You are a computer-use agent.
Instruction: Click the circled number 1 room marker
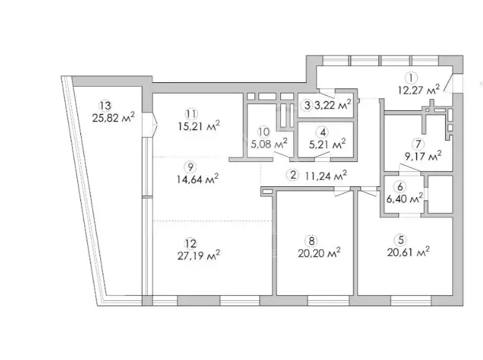[411, 78]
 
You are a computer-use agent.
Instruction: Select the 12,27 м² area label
[419, 90]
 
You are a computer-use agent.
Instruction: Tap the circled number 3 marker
[307, 105]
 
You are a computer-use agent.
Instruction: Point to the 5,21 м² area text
[327, 144]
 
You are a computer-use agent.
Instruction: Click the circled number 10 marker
[264, 132]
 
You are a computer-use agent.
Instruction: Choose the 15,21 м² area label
[199, 126]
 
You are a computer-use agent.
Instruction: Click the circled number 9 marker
[190, 167]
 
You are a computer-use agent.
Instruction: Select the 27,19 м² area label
[199, 255]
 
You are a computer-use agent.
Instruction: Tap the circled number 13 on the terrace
[105, 105]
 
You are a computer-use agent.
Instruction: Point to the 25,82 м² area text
[113, 118]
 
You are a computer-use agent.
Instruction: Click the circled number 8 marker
[311, 240]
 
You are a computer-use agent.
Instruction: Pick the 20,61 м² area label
[408, 252]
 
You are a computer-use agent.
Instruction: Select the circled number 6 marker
[400, 187]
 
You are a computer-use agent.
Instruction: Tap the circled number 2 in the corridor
[293, 176]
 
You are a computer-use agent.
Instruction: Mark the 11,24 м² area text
[326, 176]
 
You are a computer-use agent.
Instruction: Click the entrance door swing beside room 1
[449, 83]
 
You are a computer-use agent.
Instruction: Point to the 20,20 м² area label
[319, 253]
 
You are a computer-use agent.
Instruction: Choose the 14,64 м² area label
[198, 179]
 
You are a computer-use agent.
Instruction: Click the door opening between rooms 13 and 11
[150, 124]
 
